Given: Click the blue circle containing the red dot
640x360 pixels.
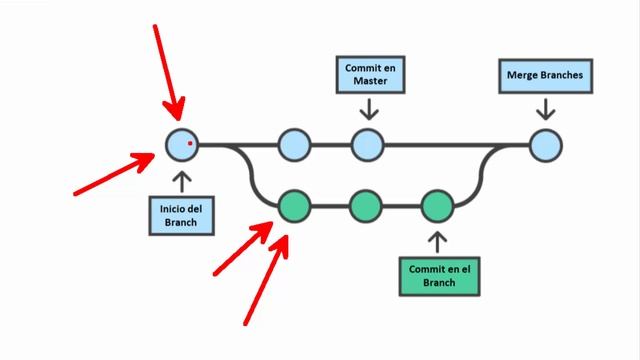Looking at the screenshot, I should (181, 145).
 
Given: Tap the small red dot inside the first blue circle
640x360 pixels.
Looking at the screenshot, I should (189, 143).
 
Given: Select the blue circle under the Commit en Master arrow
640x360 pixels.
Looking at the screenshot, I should (368, 145).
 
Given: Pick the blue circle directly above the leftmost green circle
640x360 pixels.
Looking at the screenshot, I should (295, 145).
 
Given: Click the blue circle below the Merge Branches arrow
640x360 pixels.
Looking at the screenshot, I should (545, 145).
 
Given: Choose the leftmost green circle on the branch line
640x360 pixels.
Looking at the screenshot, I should (295, 207).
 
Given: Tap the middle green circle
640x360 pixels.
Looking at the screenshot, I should (367, 207).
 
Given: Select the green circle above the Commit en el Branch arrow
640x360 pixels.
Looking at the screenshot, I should (438, 207).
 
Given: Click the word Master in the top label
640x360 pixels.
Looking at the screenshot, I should (369, 83).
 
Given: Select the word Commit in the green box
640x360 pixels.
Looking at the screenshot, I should (421, 268).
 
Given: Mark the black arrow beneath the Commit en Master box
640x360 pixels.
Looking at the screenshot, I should (369, 108).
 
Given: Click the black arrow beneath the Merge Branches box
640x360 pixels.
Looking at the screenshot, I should (545, 108).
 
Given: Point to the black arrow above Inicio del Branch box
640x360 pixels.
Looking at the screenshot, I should (181, 181).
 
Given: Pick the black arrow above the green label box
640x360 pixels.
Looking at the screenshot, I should (438, 241).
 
